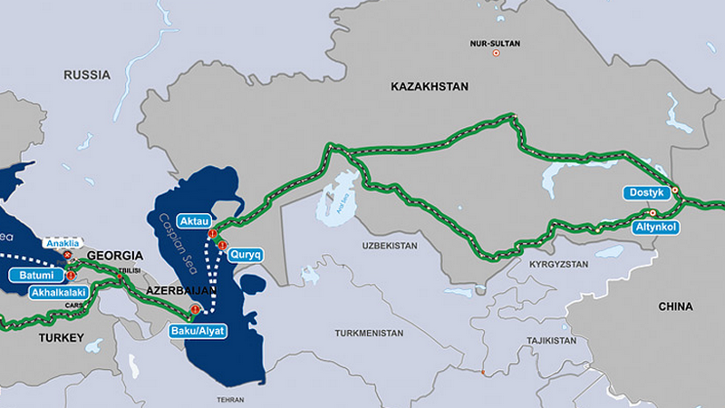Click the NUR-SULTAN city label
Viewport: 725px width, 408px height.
point(495,43)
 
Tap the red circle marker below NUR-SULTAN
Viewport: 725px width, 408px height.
point(495,53)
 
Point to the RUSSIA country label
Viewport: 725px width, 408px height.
point(87,74)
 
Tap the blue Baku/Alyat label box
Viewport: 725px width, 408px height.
point(198,331)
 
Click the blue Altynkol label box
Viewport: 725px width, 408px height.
point(658,225)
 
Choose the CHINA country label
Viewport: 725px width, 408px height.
point(675,307)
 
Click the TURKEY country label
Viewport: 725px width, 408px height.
point(60,337)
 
